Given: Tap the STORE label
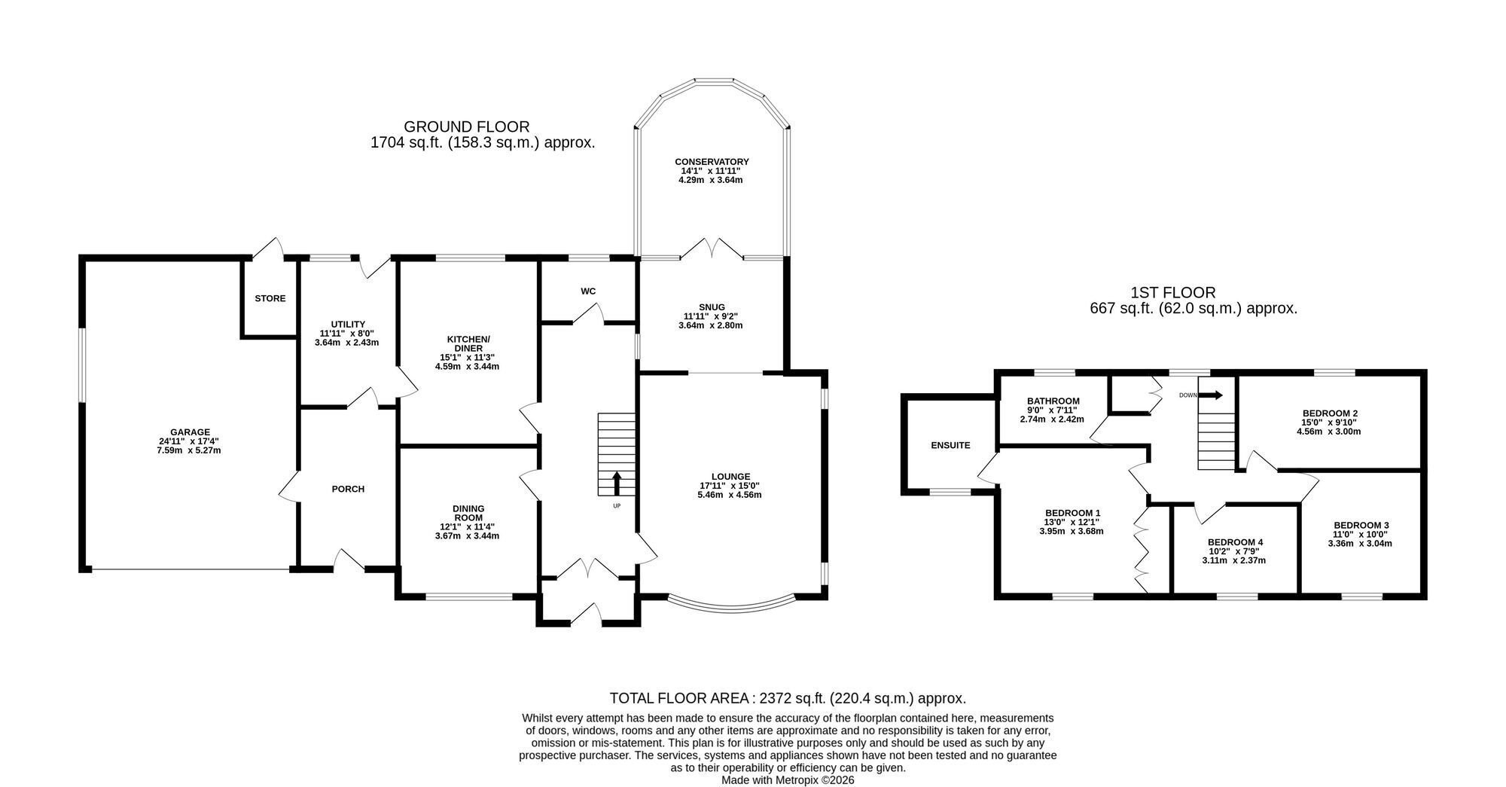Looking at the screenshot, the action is pos(270,298).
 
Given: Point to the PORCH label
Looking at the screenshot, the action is pos(348,489).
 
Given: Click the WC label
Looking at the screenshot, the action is pos(589,291).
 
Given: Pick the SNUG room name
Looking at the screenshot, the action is pos(712,307).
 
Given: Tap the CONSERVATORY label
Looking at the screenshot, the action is pos(712,162).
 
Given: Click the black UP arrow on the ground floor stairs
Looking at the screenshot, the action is pos(617,483).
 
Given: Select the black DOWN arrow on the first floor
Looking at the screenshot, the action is pos(1212,395).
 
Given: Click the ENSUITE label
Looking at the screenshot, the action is pos(950,445).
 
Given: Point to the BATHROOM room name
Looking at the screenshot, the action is pos(1053,401).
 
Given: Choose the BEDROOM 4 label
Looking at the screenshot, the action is pos(1235,542).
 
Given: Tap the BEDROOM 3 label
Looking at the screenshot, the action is pos(1361,525).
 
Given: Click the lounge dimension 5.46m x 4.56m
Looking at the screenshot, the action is pos(730,495).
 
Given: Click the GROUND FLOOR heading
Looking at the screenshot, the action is pos(467,127).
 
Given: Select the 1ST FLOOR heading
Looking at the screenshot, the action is pos(1173,292).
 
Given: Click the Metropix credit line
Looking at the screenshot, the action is pos(788,780).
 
